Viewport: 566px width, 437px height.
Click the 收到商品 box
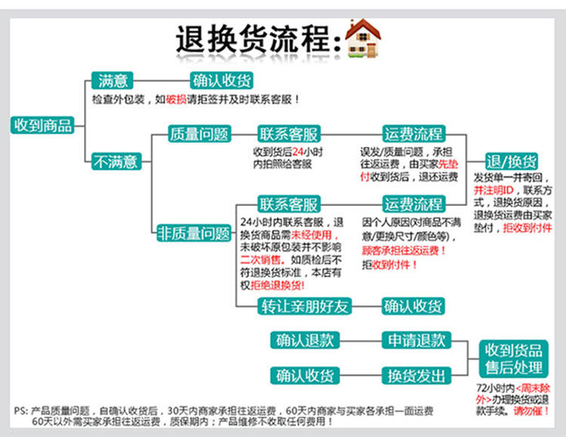tap(42, 125)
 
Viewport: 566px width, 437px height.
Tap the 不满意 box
tap(115, 161)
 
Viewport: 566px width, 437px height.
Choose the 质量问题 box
tap(198, 134)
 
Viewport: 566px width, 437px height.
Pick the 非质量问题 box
tap(193, 234)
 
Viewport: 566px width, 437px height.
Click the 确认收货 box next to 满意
tap(221, 81)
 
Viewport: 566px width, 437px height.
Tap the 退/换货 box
tap(512, 162)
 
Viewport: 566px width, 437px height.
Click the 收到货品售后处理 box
tap(513, 359)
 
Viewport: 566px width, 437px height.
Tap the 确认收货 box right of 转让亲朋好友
tap(413, 306)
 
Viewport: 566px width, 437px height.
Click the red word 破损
tap(175, 99)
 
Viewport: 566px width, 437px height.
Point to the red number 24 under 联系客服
tap(300, 152)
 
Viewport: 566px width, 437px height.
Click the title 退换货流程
tap(253, 38)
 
